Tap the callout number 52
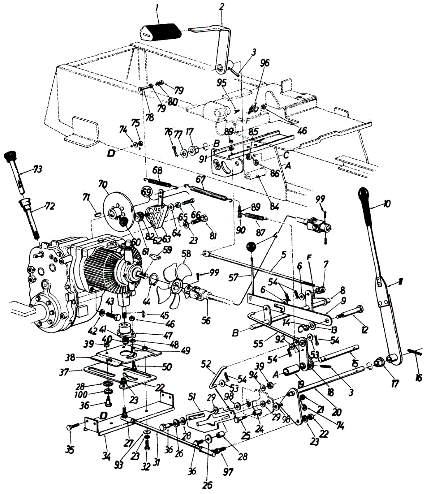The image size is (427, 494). coord(207,364)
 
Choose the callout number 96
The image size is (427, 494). coord(265,63)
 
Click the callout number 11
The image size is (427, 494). coord(401,283)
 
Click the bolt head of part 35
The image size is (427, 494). coord(68,428)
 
